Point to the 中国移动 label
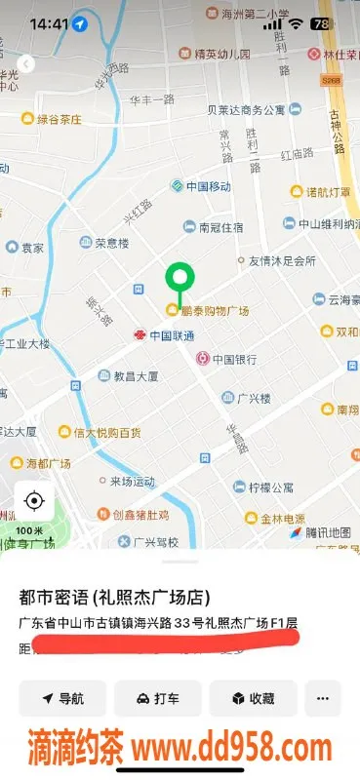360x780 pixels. [212, 185]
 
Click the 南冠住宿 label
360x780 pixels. [220, 227]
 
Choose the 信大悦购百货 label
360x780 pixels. [105, 432]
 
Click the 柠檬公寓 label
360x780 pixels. [270, 487]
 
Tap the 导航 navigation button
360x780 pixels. [62, 698]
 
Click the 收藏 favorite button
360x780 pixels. [253, 698]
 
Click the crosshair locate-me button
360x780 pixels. [34, 502]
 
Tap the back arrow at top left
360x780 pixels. [26, 64]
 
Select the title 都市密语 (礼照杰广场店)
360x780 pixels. [114, 597]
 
